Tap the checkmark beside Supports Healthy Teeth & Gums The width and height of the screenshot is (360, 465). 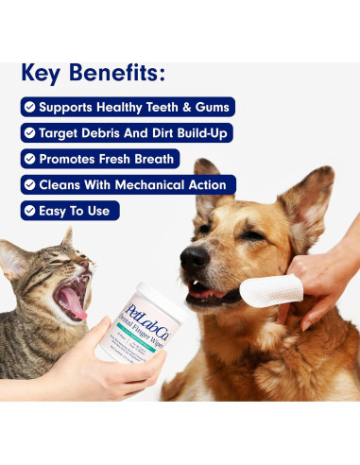click(31, 107)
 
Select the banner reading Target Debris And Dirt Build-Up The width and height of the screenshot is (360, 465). click(127, 132)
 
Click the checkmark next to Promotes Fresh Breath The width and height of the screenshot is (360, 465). click(31, 159)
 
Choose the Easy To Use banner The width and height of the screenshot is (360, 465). click(70, 210)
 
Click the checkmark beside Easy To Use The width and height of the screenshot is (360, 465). click(31, 210)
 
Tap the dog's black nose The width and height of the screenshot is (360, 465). click(194, 256)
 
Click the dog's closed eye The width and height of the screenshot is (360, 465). click(252, 234)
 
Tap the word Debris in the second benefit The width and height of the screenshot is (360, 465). click(105, 132)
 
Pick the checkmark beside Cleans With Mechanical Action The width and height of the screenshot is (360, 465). click(31, 184)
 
